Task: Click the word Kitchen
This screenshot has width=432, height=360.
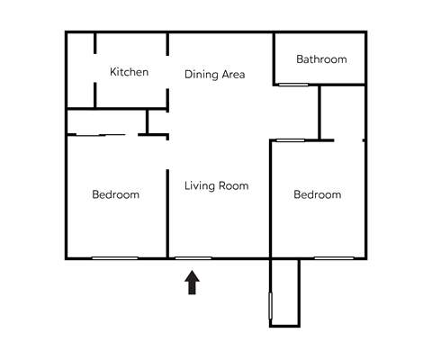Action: [x=129, y=72]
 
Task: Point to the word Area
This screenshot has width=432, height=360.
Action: [x=233, y=75]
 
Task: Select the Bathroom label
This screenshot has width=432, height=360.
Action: [x=321, y=59]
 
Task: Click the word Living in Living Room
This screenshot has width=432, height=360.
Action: [x=199, y=186]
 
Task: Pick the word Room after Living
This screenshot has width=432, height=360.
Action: [x=232, y=186]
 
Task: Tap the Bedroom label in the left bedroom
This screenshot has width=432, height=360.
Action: [x=116, y=194]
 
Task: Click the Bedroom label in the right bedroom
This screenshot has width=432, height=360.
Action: [x=318, y=194]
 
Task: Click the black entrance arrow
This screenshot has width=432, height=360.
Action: [x=193, y=283]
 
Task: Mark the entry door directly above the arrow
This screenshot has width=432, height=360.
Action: [x=193, y=259]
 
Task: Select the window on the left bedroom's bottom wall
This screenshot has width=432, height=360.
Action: [x=115, y=259]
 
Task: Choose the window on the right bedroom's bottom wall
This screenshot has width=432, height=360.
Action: [x=333, y=259]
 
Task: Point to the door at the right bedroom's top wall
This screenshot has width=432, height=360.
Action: [x=290, y=139]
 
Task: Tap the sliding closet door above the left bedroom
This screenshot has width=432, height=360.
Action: [x=101, y=135]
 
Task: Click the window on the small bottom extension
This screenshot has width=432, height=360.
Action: [x=270, y=305]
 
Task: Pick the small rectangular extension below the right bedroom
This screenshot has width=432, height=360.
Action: [x=284, y=292]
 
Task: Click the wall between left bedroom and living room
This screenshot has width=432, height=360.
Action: [x=168, y=212]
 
